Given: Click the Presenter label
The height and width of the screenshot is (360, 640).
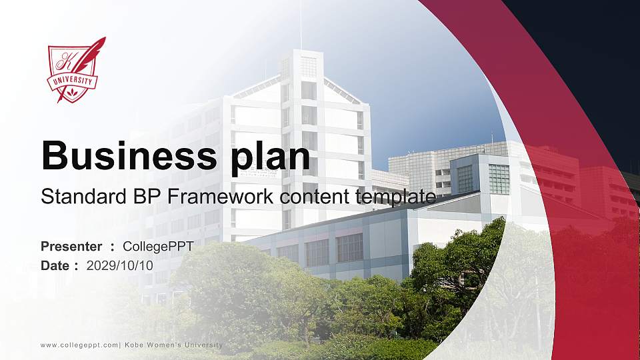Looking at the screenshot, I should (71, 247).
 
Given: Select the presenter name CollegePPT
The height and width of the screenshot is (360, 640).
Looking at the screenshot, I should (163, 247).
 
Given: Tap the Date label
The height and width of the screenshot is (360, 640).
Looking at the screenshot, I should (56, 265).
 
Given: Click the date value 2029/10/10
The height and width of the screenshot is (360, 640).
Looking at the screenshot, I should (120, 265).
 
